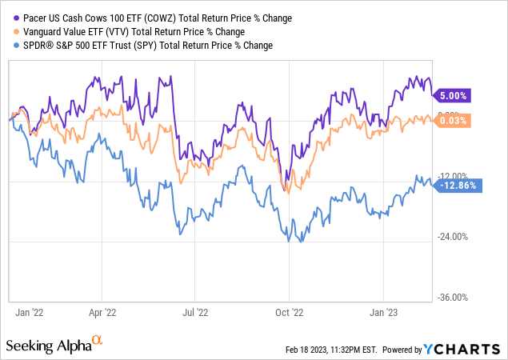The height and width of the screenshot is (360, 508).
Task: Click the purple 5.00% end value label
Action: [454, 96]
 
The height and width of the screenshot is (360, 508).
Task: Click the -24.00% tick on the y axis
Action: [455, 237]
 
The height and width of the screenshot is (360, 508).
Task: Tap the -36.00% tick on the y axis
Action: [455, 298]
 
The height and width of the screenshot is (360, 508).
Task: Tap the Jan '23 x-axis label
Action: [382, 314]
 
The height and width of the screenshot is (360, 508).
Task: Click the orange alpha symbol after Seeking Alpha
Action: [97, 342]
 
